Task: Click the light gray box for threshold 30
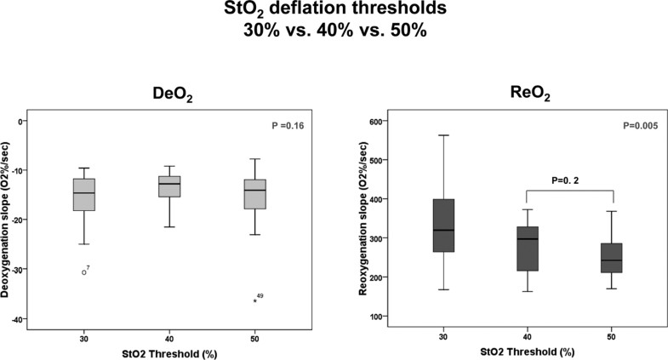(x=83, y=195)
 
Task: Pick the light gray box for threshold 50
(x=255, y=194)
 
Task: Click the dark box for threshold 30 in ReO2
(x=443, y=226)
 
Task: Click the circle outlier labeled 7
(x=83, y=272)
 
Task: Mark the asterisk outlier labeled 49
(x=254, y=300)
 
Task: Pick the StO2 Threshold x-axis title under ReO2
(x=528, y=351)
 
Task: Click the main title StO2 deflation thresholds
(x=334, y=13)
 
